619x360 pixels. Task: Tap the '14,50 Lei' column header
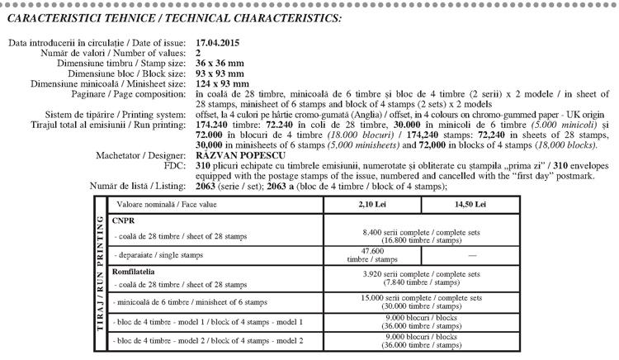pyautogui.click(x=470, y=203)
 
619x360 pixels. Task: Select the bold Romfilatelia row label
pyautogui.click(x=135, y=270)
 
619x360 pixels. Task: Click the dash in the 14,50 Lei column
pyautogui.click(x=470, y=255)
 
